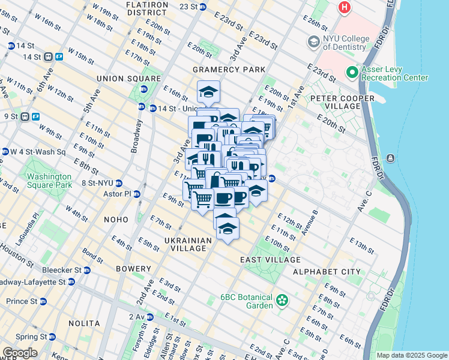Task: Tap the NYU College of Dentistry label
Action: click(345, 43)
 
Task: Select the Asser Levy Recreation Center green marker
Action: click(352, 73)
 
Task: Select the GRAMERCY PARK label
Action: click(229, 70)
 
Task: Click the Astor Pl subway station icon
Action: click(137, 194)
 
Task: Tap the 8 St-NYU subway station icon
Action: click(119, 183)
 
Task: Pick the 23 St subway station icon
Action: click(203, 7)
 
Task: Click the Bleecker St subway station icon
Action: click(87, 270)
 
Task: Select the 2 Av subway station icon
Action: click(149, 317)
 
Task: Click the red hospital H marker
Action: click(345, 8)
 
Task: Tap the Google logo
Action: click(20, 353)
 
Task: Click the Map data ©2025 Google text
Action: click(411, 355)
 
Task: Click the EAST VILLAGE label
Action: click(270, 260)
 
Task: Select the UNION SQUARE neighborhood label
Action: click(125, 78)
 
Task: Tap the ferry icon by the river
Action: click(391, 158)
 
